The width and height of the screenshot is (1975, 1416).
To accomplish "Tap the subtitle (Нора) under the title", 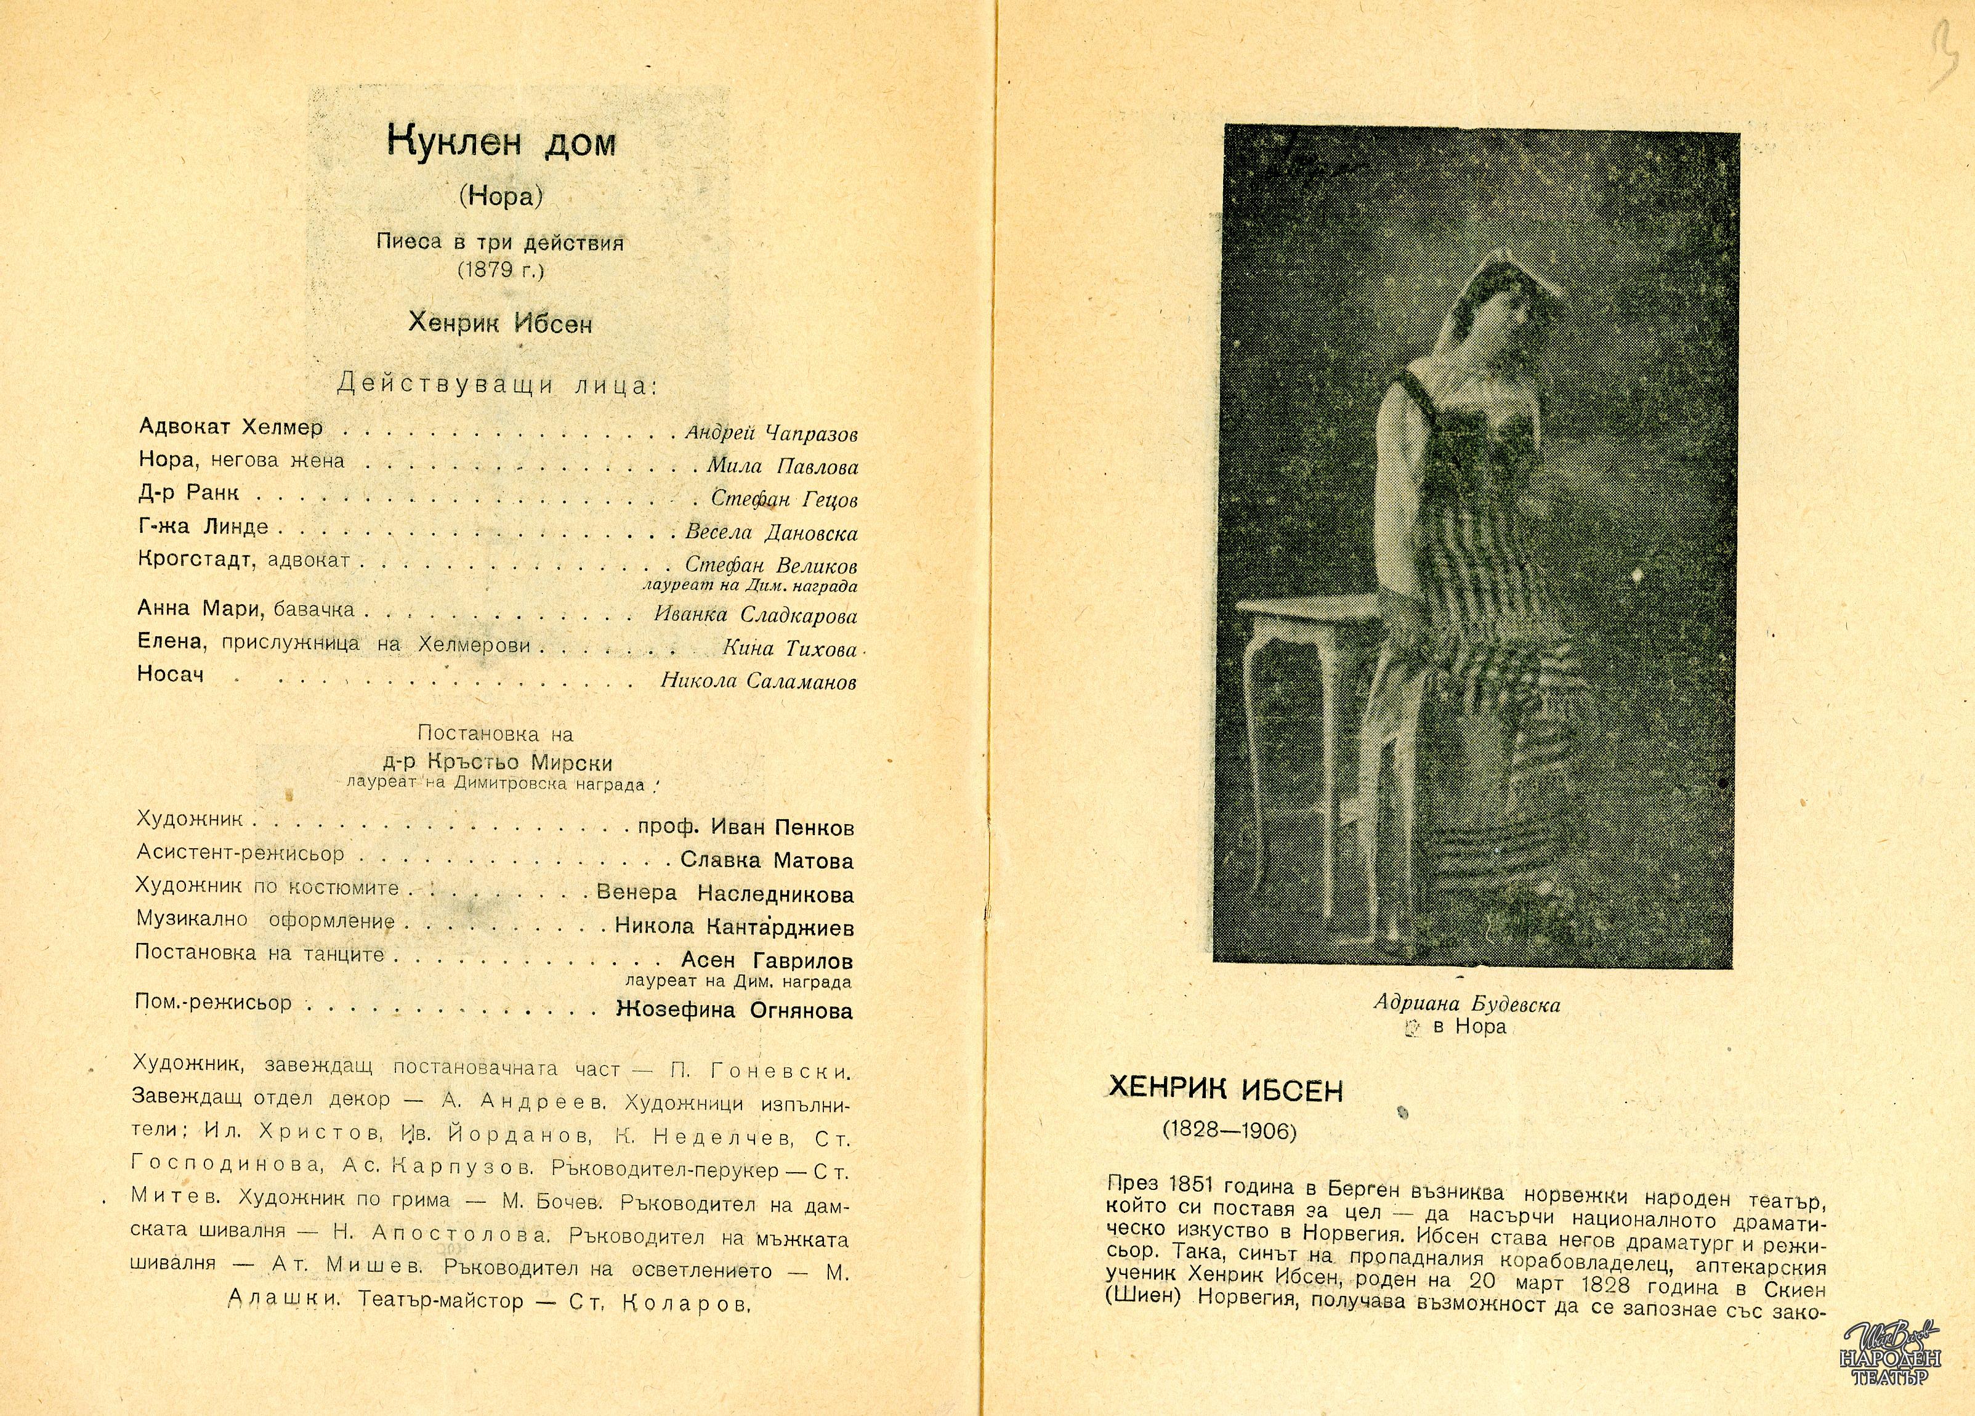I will (x=501, y=197).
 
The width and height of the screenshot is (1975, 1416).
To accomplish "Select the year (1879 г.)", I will (x=500, y=270).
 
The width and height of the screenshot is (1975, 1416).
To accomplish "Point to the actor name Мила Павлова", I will (x=782, y=467).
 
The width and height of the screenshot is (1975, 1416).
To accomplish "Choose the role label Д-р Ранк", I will (x=188, y=493).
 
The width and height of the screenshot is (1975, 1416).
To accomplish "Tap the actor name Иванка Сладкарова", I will (x=755, y=616).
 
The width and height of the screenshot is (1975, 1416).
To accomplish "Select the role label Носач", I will (x=171, y=674).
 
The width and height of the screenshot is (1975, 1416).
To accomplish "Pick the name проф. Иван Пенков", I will (x=745, y=827).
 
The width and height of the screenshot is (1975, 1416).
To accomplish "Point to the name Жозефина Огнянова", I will (x=734, y=1010).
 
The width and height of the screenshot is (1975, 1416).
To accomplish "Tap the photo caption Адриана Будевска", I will (x=1466, y=1004).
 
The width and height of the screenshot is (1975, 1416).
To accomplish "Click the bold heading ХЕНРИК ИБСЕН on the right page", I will (x=1226, y=1090).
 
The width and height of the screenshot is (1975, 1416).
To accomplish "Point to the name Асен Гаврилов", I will (x=766, y=961).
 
